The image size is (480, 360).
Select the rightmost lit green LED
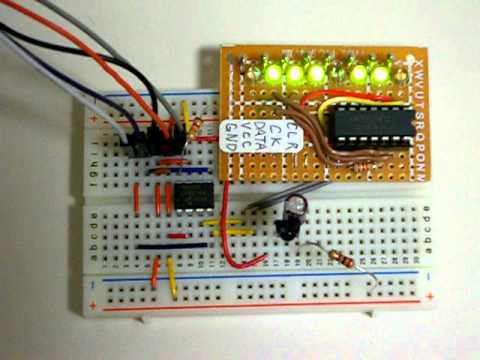380,73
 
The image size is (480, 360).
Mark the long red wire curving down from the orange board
226,240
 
